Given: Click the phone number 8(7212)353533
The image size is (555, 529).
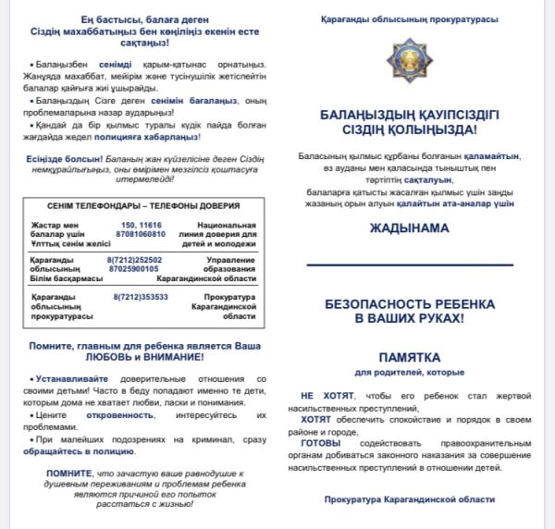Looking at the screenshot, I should pos(142,297).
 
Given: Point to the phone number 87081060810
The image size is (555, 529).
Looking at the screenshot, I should pos(142,234).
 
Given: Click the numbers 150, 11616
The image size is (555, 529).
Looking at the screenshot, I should pos(142,225).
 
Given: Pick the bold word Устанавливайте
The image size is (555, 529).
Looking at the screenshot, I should pos(65,379).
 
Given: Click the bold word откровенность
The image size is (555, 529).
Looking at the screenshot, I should pos(94,416).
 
